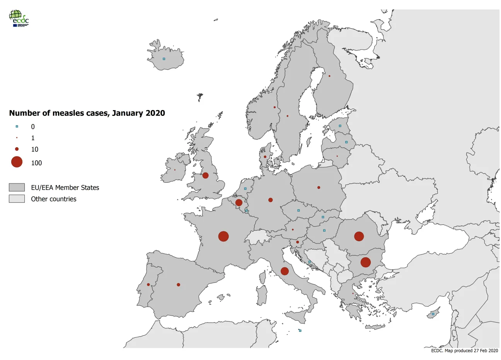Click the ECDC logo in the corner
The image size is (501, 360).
tap(19, 18)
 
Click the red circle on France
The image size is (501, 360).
tap(223, 236)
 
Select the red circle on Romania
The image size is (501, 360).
tap(359, 236)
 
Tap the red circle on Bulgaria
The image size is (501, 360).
tap(365, 262)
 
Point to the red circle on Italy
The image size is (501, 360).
tap(285, 271)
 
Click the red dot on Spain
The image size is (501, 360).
tap(178, 285)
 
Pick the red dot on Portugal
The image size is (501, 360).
tap(148, 285)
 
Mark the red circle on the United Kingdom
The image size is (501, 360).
tap(205, 175)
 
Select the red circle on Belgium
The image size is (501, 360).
tap(239, 202)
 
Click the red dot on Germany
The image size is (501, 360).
tap(270, 200)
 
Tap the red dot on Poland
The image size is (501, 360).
tap(319, 188)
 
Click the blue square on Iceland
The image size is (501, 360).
tap(164, 59)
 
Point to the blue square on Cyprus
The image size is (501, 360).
tap(433, 314)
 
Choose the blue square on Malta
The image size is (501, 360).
tap(300, 331)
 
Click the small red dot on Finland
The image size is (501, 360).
tap(329, 76)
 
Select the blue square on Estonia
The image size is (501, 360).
tap(340, 126)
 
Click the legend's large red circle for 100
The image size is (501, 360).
tap(17, 162)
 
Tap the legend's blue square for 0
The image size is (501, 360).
tap(17, 126)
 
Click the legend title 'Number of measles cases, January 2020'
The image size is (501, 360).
tap(87, 113)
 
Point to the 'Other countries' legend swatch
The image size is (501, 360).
tap(17, 199)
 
